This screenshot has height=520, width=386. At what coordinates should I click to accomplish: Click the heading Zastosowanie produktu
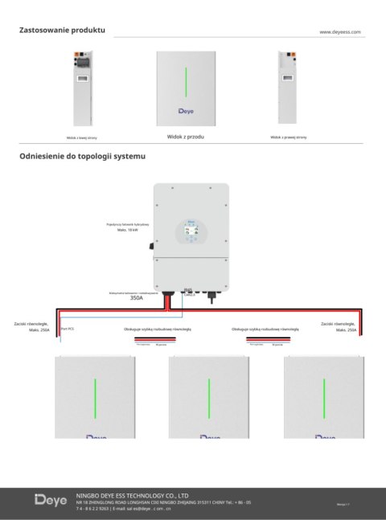coord(61,30)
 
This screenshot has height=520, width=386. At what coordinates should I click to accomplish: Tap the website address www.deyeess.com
coord(339,32)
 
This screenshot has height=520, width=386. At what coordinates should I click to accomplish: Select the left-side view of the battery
coord(82,88)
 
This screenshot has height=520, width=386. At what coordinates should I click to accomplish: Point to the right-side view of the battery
coord(289,88)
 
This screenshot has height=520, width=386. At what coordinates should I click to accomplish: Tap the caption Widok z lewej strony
coord(82,137)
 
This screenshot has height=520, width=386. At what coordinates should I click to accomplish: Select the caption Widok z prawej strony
coord(289,137)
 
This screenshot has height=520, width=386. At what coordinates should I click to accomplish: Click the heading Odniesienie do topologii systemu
coord(83,156)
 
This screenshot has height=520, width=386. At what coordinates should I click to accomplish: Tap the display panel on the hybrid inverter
coord(191,233)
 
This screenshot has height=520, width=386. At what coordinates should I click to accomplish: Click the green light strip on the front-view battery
coord(187,83)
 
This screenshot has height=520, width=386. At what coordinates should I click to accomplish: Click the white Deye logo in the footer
coord(51,501)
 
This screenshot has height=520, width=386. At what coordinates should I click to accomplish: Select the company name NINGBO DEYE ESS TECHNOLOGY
coord(132,496)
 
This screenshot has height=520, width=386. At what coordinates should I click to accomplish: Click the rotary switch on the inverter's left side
coord(151,247)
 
